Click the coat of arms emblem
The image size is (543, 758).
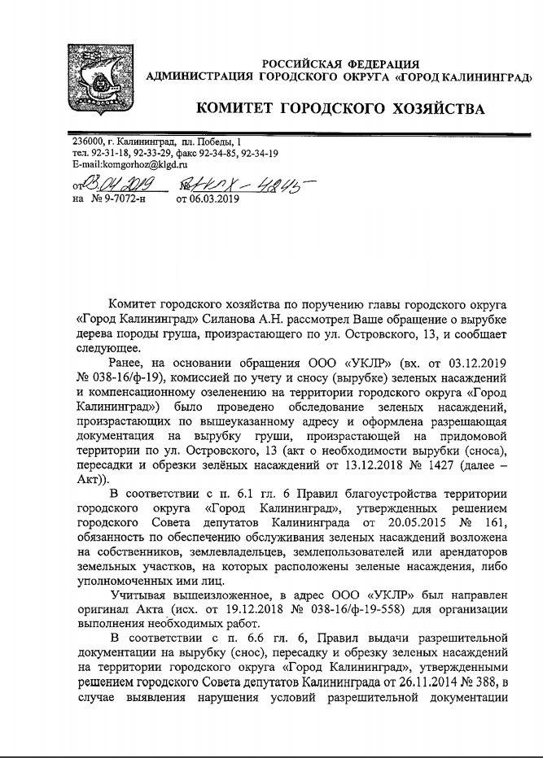95,80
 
